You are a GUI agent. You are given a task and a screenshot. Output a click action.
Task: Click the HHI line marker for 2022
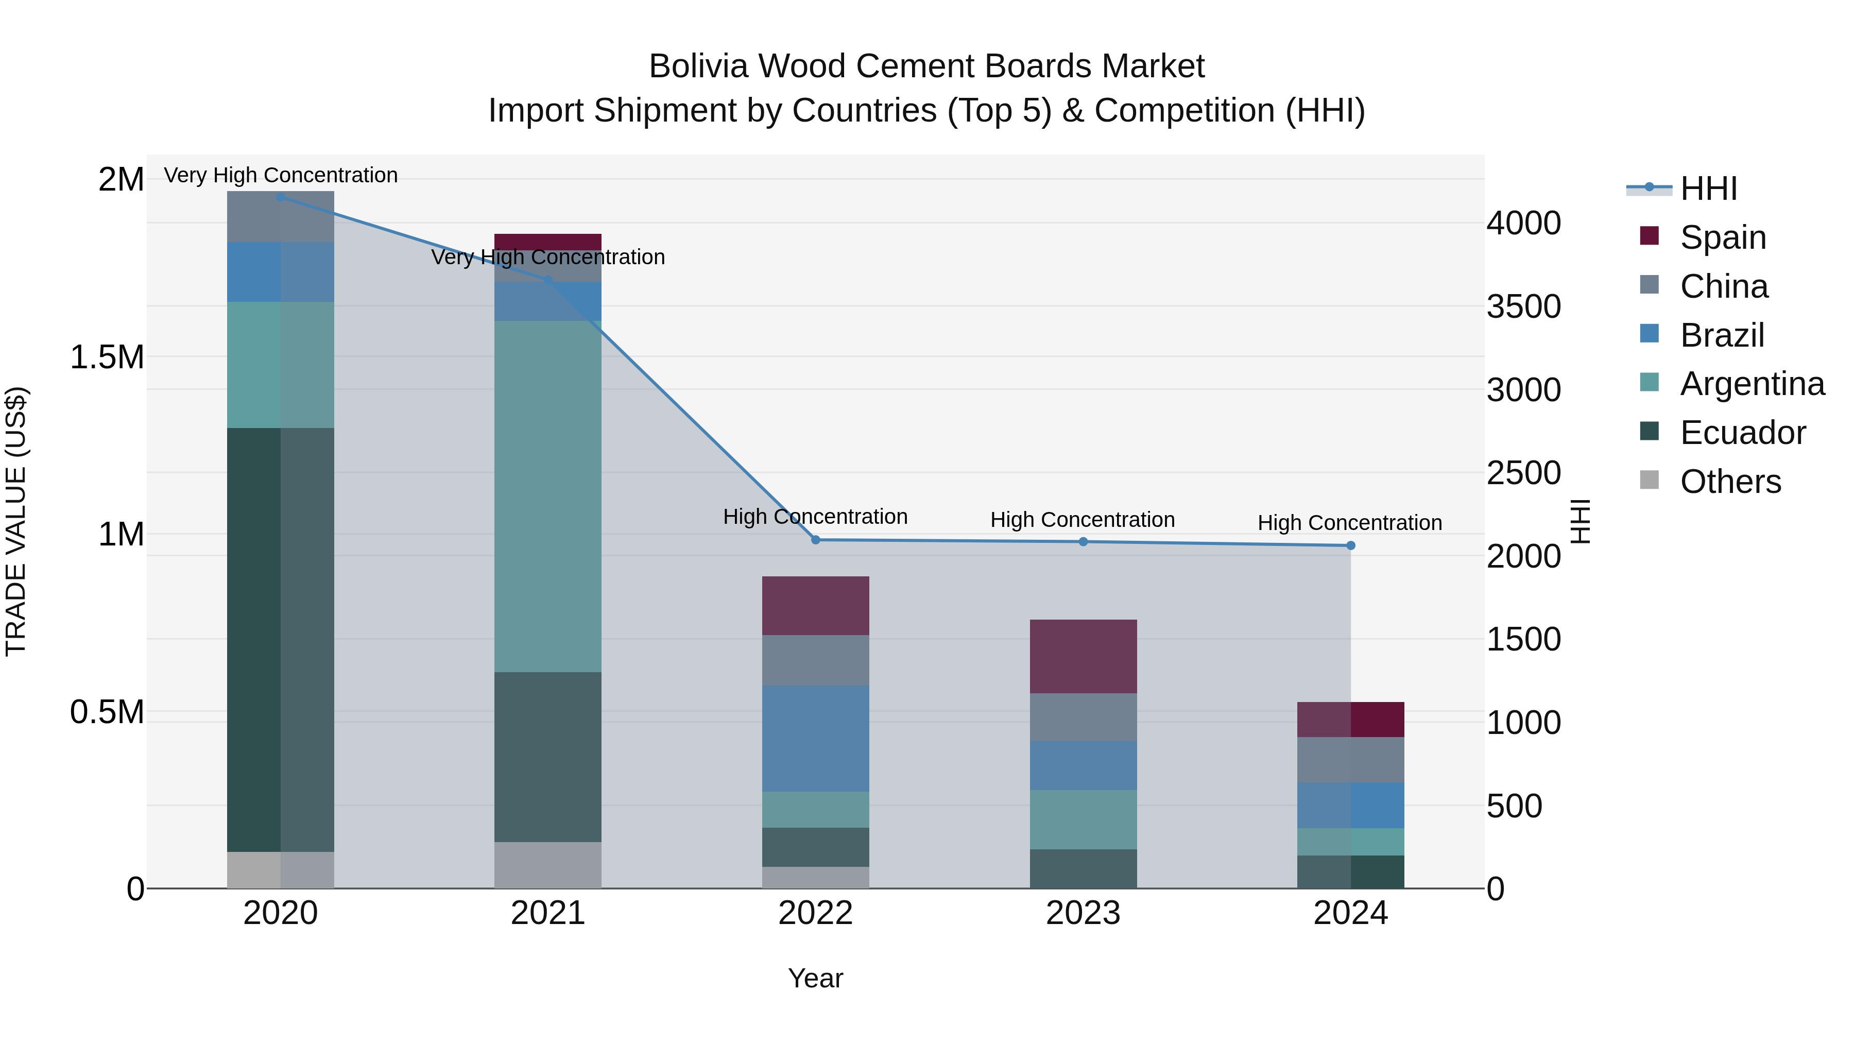coord(815,540)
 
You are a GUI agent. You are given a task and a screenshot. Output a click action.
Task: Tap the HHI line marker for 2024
coord(1350,545)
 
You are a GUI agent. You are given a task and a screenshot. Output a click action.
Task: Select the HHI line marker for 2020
coord(281,197)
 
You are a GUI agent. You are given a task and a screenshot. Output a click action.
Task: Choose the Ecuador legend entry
coord(1742,433)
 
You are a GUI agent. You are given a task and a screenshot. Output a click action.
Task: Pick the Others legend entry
coord(1730,482)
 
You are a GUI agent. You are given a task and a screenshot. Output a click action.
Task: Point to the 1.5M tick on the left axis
coord(107,357)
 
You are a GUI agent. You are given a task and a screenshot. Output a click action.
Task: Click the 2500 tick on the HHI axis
coord(1524,473)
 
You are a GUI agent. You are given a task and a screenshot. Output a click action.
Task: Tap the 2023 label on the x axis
coord(1083,913)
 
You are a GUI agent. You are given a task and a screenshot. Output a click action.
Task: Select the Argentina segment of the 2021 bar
coord(548,496)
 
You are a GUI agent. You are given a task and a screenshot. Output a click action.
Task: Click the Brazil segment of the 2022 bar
coord(815,739)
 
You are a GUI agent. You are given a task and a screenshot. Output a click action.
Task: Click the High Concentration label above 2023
coord(1083,520)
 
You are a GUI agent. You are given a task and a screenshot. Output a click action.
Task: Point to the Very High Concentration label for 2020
coord(281,176)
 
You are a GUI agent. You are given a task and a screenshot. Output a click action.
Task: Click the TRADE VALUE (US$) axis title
coord(16,521)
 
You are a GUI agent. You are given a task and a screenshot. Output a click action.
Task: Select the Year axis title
coord(815,978)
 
